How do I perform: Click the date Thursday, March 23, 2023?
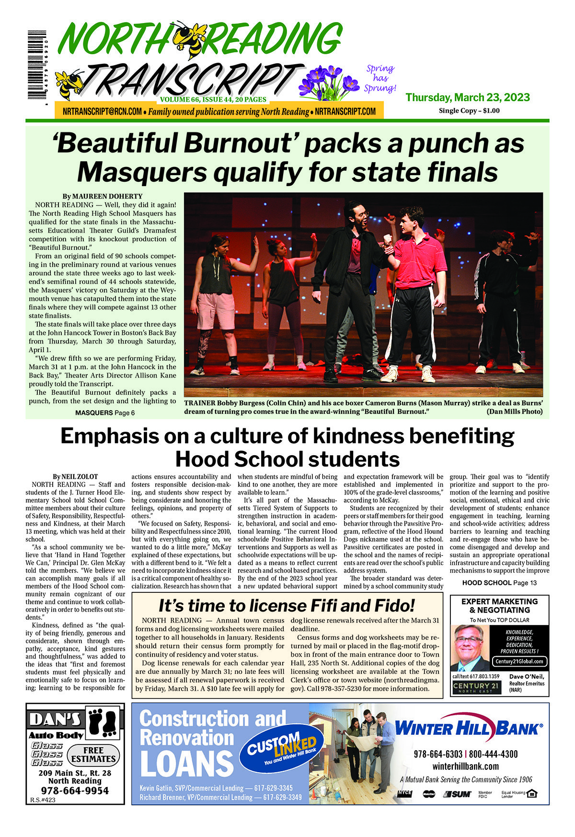point(467,97)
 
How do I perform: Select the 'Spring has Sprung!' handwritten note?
point(380,78)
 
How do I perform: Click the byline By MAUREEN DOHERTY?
point(102,196)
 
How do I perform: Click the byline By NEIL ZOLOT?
point(75,477)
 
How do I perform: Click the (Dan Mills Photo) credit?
point(514,412)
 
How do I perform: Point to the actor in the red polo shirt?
point(413,269)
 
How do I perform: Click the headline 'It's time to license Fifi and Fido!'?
point(287,605)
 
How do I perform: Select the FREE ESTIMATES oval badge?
point(93,755)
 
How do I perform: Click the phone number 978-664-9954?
point(75,790)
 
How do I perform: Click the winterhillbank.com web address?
point(465,766)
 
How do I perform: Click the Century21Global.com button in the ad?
point(519,661)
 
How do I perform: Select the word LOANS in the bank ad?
point(186,764)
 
